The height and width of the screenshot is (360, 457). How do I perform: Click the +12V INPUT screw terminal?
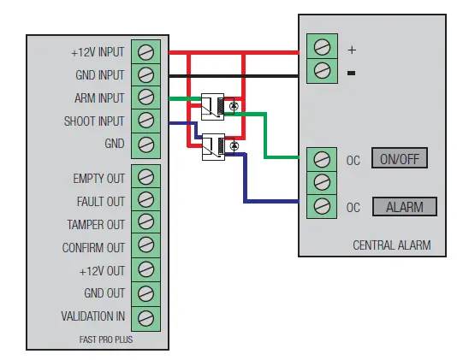pos(145,51)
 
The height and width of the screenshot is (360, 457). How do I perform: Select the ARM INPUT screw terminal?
pos(145,97)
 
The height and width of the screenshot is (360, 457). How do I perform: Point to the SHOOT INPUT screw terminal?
pos(145,121)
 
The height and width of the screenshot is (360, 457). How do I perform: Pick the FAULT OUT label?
pos(100,202)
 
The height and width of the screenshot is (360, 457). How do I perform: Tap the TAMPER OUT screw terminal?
pos(145,224)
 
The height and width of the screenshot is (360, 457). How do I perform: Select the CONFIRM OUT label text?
pos(93,248)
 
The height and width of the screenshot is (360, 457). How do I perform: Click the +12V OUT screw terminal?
pos(145,271)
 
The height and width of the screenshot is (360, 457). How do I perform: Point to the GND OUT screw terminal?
pos(145,294)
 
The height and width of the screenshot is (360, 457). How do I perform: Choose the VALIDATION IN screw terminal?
pos(145,317)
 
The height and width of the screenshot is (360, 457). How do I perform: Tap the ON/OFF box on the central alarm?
pos(398,159)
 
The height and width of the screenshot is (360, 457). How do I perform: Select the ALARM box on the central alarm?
pos(404,207)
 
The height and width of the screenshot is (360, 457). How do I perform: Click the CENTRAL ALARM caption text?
pos(391,245)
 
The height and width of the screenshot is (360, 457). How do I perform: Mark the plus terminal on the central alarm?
pos(322,48)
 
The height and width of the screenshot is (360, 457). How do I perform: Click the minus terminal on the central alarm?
pos(322,71)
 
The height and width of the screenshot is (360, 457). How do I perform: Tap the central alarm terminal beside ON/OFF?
pos(322,159)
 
